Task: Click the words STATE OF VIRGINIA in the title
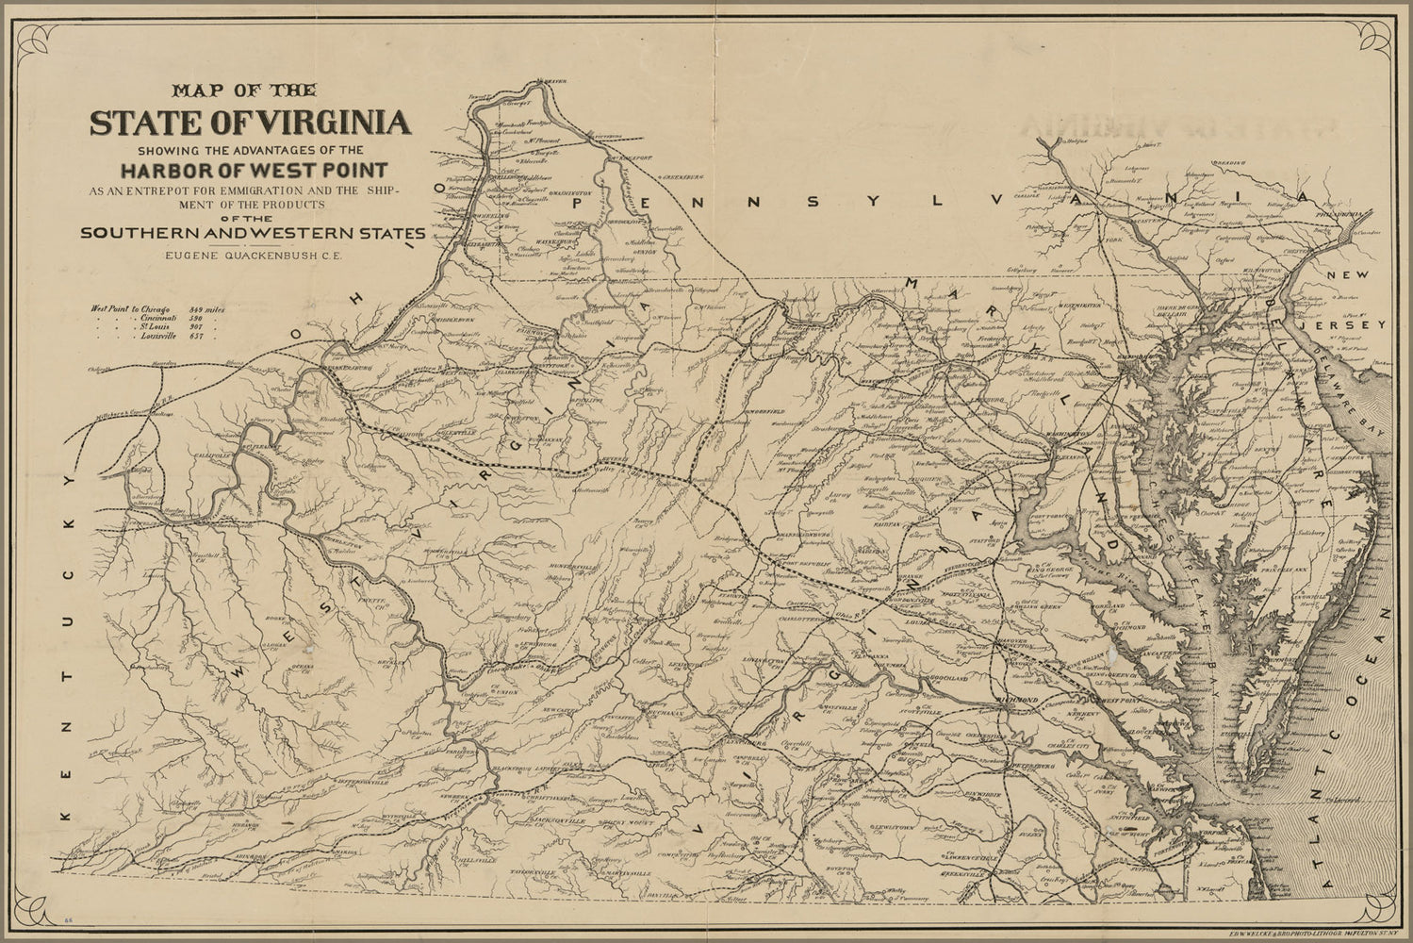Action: point(250,124)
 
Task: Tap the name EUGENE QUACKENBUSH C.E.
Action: point(250,253)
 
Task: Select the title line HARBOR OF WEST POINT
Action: point(253,171)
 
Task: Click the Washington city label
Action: point(1066,433)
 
